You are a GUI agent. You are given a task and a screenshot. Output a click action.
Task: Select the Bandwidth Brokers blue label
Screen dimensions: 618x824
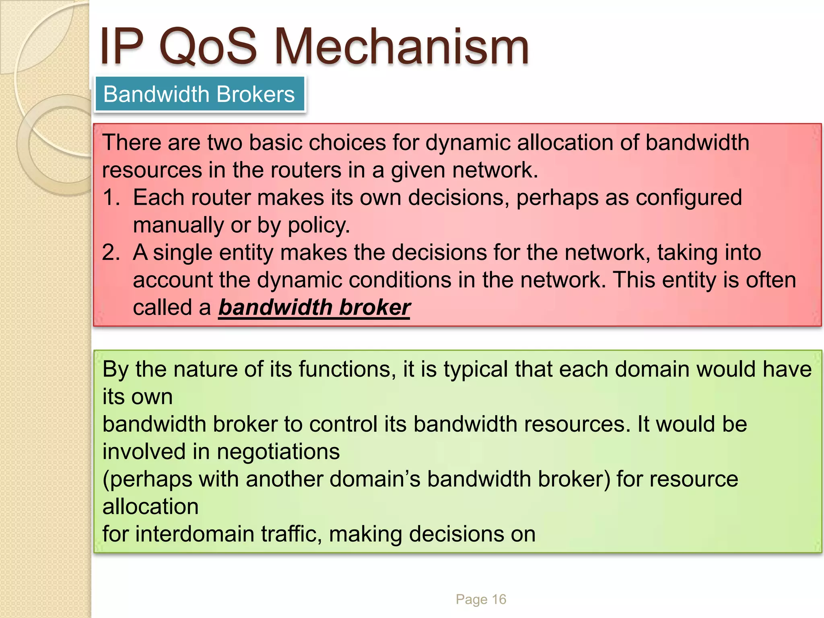point(200,95)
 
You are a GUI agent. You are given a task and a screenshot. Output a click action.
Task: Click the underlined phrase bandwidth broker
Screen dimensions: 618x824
point(314,308)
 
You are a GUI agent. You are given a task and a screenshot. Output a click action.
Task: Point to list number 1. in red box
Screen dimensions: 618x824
point(111,198)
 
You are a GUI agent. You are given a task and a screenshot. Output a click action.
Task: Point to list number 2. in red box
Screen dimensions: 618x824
point(111,253)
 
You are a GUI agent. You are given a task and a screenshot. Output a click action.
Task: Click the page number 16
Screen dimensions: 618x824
point(499,599)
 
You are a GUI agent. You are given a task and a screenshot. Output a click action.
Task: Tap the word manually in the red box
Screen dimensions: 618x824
point(178,225)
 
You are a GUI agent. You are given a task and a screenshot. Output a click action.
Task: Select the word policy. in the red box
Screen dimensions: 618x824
point(319,225)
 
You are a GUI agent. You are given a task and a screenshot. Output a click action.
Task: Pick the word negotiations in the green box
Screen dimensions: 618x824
point(278,451)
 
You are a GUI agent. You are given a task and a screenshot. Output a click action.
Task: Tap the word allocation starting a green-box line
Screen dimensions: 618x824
point(150,507)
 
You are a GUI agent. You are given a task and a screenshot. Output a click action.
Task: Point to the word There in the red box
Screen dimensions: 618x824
point(131,143)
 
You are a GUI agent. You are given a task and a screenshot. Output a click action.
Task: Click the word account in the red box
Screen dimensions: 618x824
point(173,280)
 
